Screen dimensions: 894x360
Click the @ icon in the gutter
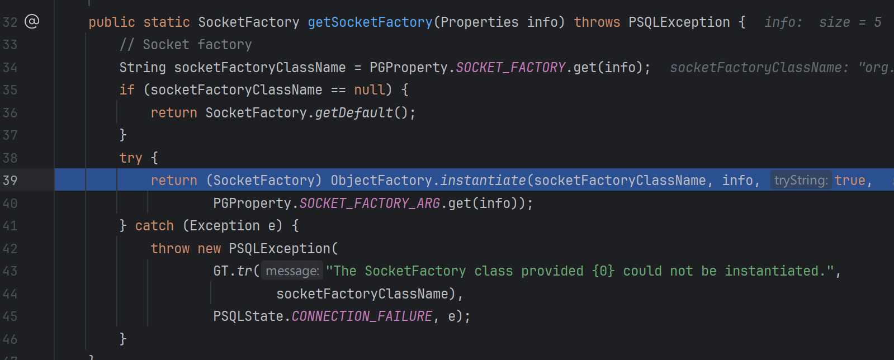coord(32,21)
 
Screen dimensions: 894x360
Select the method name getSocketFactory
coord(370,22)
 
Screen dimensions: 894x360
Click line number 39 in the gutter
coord(10,181)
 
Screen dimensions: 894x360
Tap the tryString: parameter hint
coord(801,181)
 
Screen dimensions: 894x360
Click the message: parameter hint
coord(292,271)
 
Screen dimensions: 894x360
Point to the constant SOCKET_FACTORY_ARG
coord(370,203)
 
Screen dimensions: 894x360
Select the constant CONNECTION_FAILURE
coord(362,316)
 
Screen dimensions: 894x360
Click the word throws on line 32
coord(597,22)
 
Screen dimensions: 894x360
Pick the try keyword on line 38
coord(131,158)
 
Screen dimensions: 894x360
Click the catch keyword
coord(154,226)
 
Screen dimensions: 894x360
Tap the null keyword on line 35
coord(370,90)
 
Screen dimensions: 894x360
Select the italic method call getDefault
coord(354,113)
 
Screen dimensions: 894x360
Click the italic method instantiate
coord(483,181)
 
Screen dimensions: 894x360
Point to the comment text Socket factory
coord(197,45)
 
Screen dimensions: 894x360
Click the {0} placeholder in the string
coord(603,271)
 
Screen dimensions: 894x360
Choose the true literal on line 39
coord(850,181)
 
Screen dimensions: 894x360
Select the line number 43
coord(10,271)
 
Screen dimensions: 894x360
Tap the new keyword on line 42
coord(209,249)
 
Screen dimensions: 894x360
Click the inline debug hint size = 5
coord(850,22)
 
